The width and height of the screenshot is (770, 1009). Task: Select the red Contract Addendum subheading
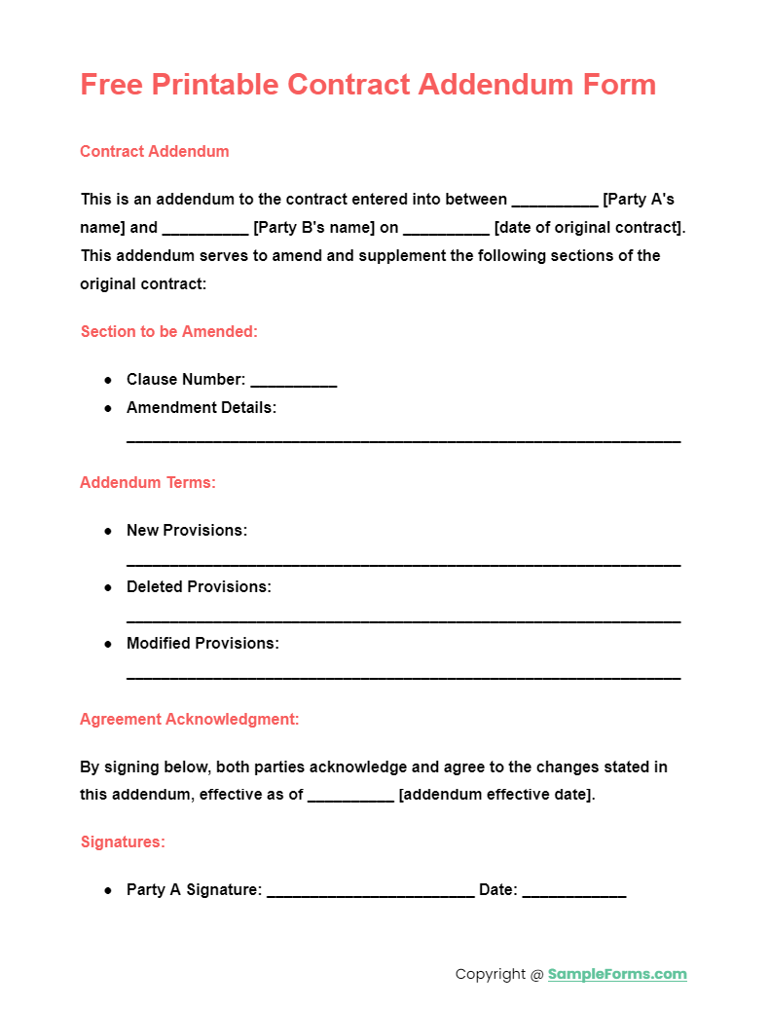[155, 151]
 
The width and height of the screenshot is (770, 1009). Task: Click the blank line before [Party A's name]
[554, 202]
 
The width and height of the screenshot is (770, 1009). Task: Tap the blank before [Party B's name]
[204, 230]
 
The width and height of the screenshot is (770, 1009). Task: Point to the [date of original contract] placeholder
[589, 228]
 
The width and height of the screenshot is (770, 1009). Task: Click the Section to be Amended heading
[168, 331]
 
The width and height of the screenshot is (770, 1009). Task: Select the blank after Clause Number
[293, 382]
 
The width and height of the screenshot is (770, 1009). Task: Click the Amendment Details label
[202, 407]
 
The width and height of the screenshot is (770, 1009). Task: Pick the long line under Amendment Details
[403, 440]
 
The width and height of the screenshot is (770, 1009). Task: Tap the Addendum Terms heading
[148, 482]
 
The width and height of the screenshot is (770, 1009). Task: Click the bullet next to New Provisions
[108, 531]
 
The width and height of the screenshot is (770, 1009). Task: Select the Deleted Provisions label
[199, 586]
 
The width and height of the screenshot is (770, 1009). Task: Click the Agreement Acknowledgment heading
[189, 719]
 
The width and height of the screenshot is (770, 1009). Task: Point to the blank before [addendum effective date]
[350, 797]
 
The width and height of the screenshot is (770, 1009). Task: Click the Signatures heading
[123, 841]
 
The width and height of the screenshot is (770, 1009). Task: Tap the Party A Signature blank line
[370, 892]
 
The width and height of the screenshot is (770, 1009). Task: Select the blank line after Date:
[573, 892]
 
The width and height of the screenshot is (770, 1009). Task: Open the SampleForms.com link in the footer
[617, 974]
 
